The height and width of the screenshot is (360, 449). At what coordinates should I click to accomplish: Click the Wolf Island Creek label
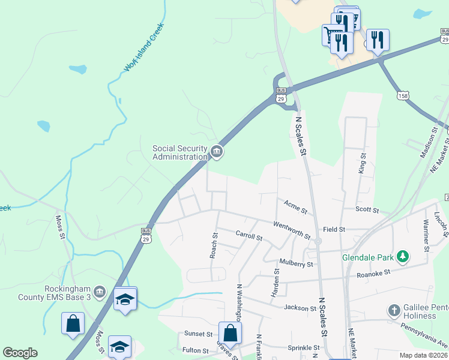click(x=144, y=47)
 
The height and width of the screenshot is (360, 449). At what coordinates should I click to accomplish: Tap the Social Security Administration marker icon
click(x=217, y=152)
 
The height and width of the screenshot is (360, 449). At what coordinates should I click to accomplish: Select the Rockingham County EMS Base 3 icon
click(x=100, y=292)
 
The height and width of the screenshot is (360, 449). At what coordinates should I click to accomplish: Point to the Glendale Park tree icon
click(x=404, y=257)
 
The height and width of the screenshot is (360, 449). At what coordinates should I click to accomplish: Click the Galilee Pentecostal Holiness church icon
click(x=394, y=310)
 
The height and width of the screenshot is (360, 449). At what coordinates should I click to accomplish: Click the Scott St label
click(x=367, y=210)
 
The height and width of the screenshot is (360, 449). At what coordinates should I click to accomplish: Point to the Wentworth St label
click(x=291, y=228)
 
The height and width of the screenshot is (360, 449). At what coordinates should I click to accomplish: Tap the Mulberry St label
click(x=297, y=263)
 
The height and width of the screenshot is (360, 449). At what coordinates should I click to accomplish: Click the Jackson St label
click(x=301, y=308)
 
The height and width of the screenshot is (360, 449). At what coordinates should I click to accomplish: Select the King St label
click(x=362, y=163)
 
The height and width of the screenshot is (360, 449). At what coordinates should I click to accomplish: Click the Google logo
click(x=20, y=353)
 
